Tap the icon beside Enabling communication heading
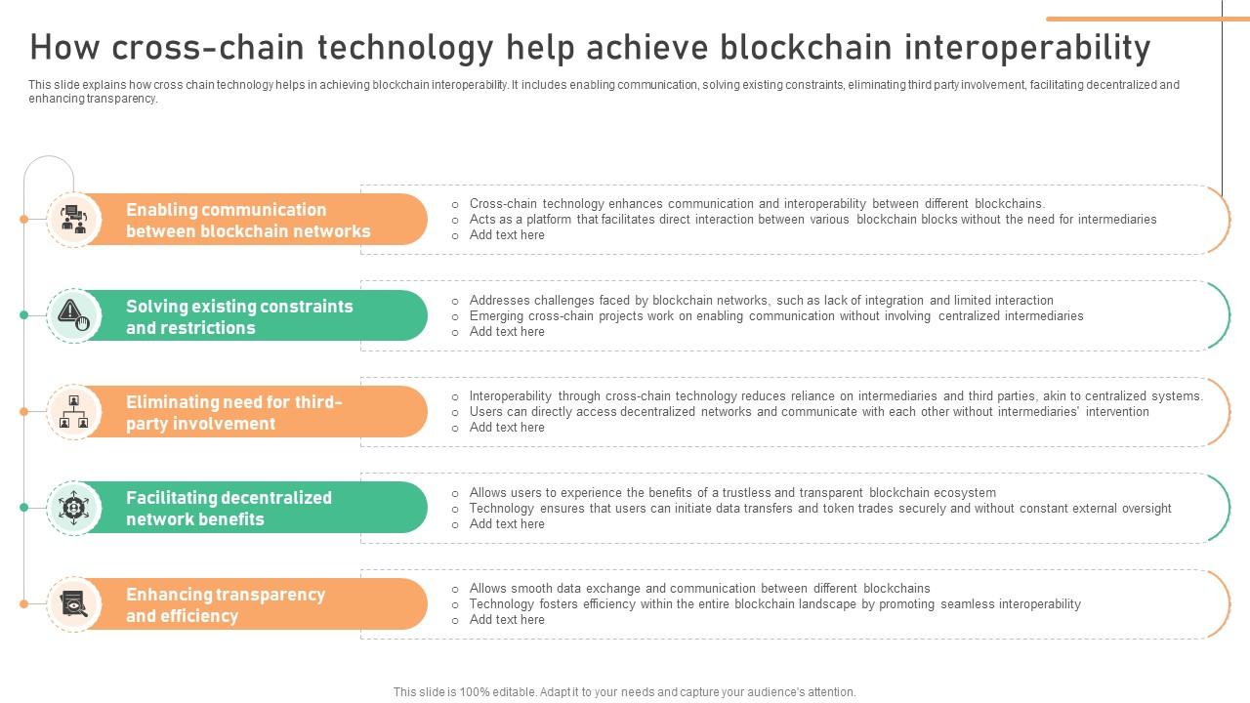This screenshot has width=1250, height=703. (x=74, y=219)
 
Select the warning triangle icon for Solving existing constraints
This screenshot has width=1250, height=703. (x=74, y=314)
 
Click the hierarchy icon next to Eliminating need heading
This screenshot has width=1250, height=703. (x=74, y=411)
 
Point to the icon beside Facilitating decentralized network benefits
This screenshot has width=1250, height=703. (x=74, y=507)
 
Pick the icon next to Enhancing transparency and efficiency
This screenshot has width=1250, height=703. (x=74, y=603)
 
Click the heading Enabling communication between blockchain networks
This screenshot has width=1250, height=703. (x=248, y=220)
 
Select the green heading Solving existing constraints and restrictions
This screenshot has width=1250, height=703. (x=239, y=316)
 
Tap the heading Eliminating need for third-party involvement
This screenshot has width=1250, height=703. (x=234, y=412)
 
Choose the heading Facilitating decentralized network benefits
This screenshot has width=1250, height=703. (x=229, y=508)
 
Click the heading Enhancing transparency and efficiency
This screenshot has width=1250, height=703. (x=225, y=604)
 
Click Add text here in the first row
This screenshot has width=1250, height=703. (x=507, y=235)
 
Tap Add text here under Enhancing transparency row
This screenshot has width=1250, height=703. (x=507, y=620)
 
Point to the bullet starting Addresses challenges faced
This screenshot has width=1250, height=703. (x=761, y=301)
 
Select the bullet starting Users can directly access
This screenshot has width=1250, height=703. (x=809, y=412)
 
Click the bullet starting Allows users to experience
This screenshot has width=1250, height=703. (x=732, y=493)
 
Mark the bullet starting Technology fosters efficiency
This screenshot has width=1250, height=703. (x=774, y=604)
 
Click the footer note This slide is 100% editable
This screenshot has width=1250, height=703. (x=625, y=691)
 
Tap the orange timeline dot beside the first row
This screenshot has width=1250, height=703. (x=24, y=219)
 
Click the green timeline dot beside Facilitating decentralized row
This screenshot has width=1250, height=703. (x=24, y=507)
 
